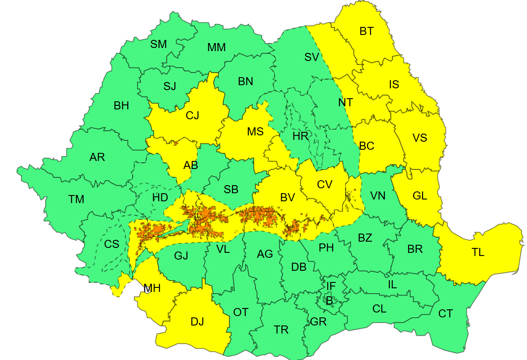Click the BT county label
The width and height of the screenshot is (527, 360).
point(367,31)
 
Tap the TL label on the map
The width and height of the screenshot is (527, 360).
point(478,252)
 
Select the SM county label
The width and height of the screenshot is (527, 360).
point(159,44)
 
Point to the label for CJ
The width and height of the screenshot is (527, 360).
point(192,116)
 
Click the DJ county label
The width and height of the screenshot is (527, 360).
point(197,321)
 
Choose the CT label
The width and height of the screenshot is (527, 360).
point(445,314)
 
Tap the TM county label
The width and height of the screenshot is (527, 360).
point(76,200)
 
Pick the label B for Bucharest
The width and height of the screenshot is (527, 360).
point(329,301)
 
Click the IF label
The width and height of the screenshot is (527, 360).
point(331,286)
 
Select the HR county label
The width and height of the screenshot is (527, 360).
point(300,136)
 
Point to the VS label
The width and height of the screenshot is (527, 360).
point(420,138)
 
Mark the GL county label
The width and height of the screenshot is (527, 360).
point(420,196)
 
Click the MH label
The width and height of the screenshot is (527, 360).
point(152,288)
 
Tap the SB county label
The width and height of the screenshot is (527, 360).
point(231,190)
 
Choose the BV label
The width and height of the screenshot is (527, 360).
point(287,197)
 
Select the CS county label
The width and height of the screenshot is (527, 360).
point(112,244)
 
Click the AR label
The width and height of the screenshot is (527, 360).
point(97,157)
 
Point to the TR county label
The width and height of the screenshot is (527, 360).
point(281,330)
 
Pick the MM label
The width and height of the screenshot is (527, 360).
point(216,48)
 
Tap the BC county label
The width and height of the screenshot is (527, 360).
point(367,146)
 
